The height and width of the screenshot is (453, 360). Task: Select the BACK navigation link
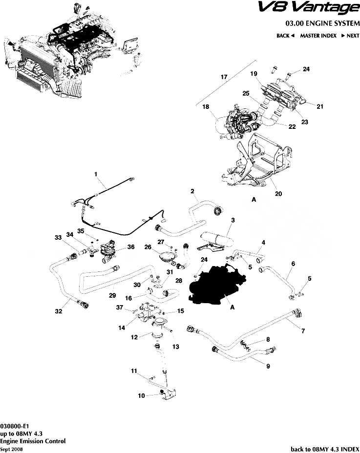(285, 36)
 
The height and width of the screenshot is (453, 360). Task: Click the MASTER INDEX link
(318, 36)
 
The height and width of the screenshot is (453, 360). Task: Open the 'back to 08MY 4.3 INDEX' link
(325, 449)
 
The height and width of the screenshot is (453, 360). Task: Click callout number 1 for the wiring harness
(96, 174)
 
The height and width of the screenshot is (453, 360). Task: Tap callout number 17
(224, 78)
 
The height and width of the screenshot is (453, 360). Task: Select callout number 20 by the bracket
(278, 194)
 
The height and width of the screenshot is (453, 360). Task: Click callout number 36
(130, 247)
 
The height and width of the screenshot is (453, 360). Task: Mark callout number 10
(141, 396)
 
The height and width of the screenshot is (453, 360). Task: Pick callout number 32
(58, 310)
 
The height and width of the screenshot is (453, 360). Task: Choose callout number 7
(303, 331)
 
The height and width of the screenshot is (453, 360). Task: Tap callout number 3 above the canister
(233, 220)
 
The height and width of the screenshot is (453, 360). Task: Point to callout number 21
(320, 106)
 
